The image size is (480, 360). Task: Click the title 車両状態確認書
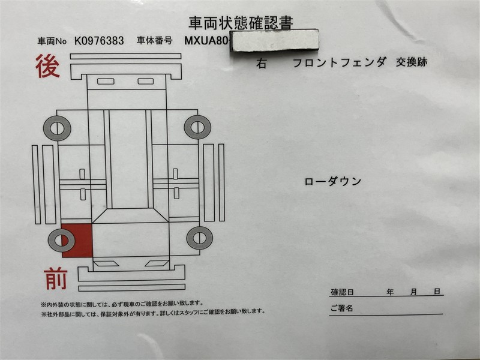tap(241, 23)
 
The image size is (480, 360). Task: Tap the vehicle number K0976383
tap(99, 41)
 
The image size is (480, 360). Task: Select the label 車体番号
tap(155, 40)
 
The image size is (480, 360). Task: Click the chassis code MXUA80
tap(206, 40)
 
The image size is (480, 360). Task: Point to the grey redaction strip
tap(274, 41)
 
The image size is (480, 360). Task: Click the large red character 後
tap(47, 66)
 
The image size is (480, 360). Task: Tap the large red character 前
tap(55, 278)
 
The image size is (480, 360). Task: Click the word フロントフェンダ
tap(339, 62)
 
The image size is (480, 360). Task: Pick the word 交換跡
tap(412, 62)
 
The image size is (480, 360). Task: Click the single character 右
tap(261, 64)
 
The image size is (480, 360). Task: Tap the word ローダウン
tap(333, 182)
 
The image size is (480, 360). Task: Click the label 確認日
tap(342, 292)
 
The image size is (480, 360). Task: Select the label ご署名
tap(341, 308)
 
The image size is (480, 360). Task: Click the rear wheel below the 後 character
tap(57, 128)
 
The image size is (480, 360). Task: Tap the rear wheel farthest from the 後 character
tap(198, 127)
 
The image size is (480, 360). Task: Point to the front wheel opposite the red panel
tap(200, 238)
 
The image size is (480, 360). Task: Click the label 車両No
tap(52, 41)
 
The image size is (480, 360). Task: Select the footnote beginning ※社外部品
tap(153, 312)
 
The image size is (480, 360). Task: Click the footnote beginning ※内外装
tap(122, 304)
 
